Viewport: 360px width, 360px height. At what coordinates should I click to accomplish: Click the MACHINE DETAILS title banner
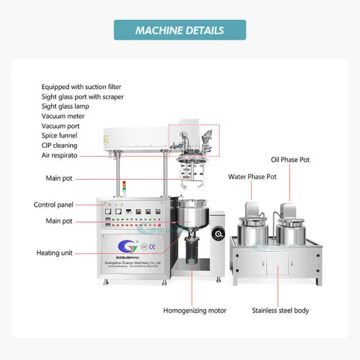(x=179, y=30)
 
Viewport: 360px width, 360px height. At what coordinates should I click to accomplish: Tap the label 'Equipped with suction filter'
(x=81, y=87)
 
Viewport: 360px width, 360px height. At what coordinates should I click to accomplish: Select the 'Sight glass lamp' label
(x=65, y=106)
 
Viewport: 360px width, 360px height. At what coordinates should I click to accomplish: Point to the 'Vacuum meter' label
(x=63, y=116)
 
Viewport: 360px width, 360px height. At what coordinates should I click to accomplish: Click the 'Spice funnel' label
(x=60, y=136)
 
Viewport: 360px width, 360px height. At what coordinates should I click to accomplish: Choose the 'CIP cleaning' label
(x=60, y=146)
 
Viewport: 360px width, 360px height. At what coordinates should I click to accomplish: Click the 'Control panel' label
(x=53, y=205)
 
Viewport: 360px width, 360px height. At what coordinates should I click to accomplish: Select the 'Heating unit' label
(x=55, y=253)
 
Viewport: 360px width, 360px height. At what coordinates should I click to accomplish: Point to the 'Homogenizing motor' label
(x=195, y=311)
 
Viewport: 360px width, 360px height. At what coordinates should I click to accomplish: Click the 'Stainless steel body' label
(x=280, y=311)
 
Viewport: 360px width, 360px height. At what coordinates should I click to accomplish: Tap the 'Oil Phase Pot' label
(x=291, y=160)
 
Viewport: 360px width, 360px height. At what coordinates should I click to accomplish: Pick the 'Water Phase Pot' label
(x=253, y=177)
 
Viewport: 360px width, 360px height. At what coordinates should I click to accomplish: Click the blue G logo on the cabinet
(x=128, y=245)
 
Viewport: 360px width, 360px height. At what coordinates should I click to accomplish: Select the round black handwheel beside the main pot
(x=218, y=235)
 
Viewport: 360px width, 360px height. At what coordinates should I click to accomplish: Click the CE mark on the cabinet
(x=152, y=246)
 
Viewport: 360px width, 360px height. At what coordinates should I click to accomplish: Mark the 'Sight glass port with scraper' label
(x=83, y=97)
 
